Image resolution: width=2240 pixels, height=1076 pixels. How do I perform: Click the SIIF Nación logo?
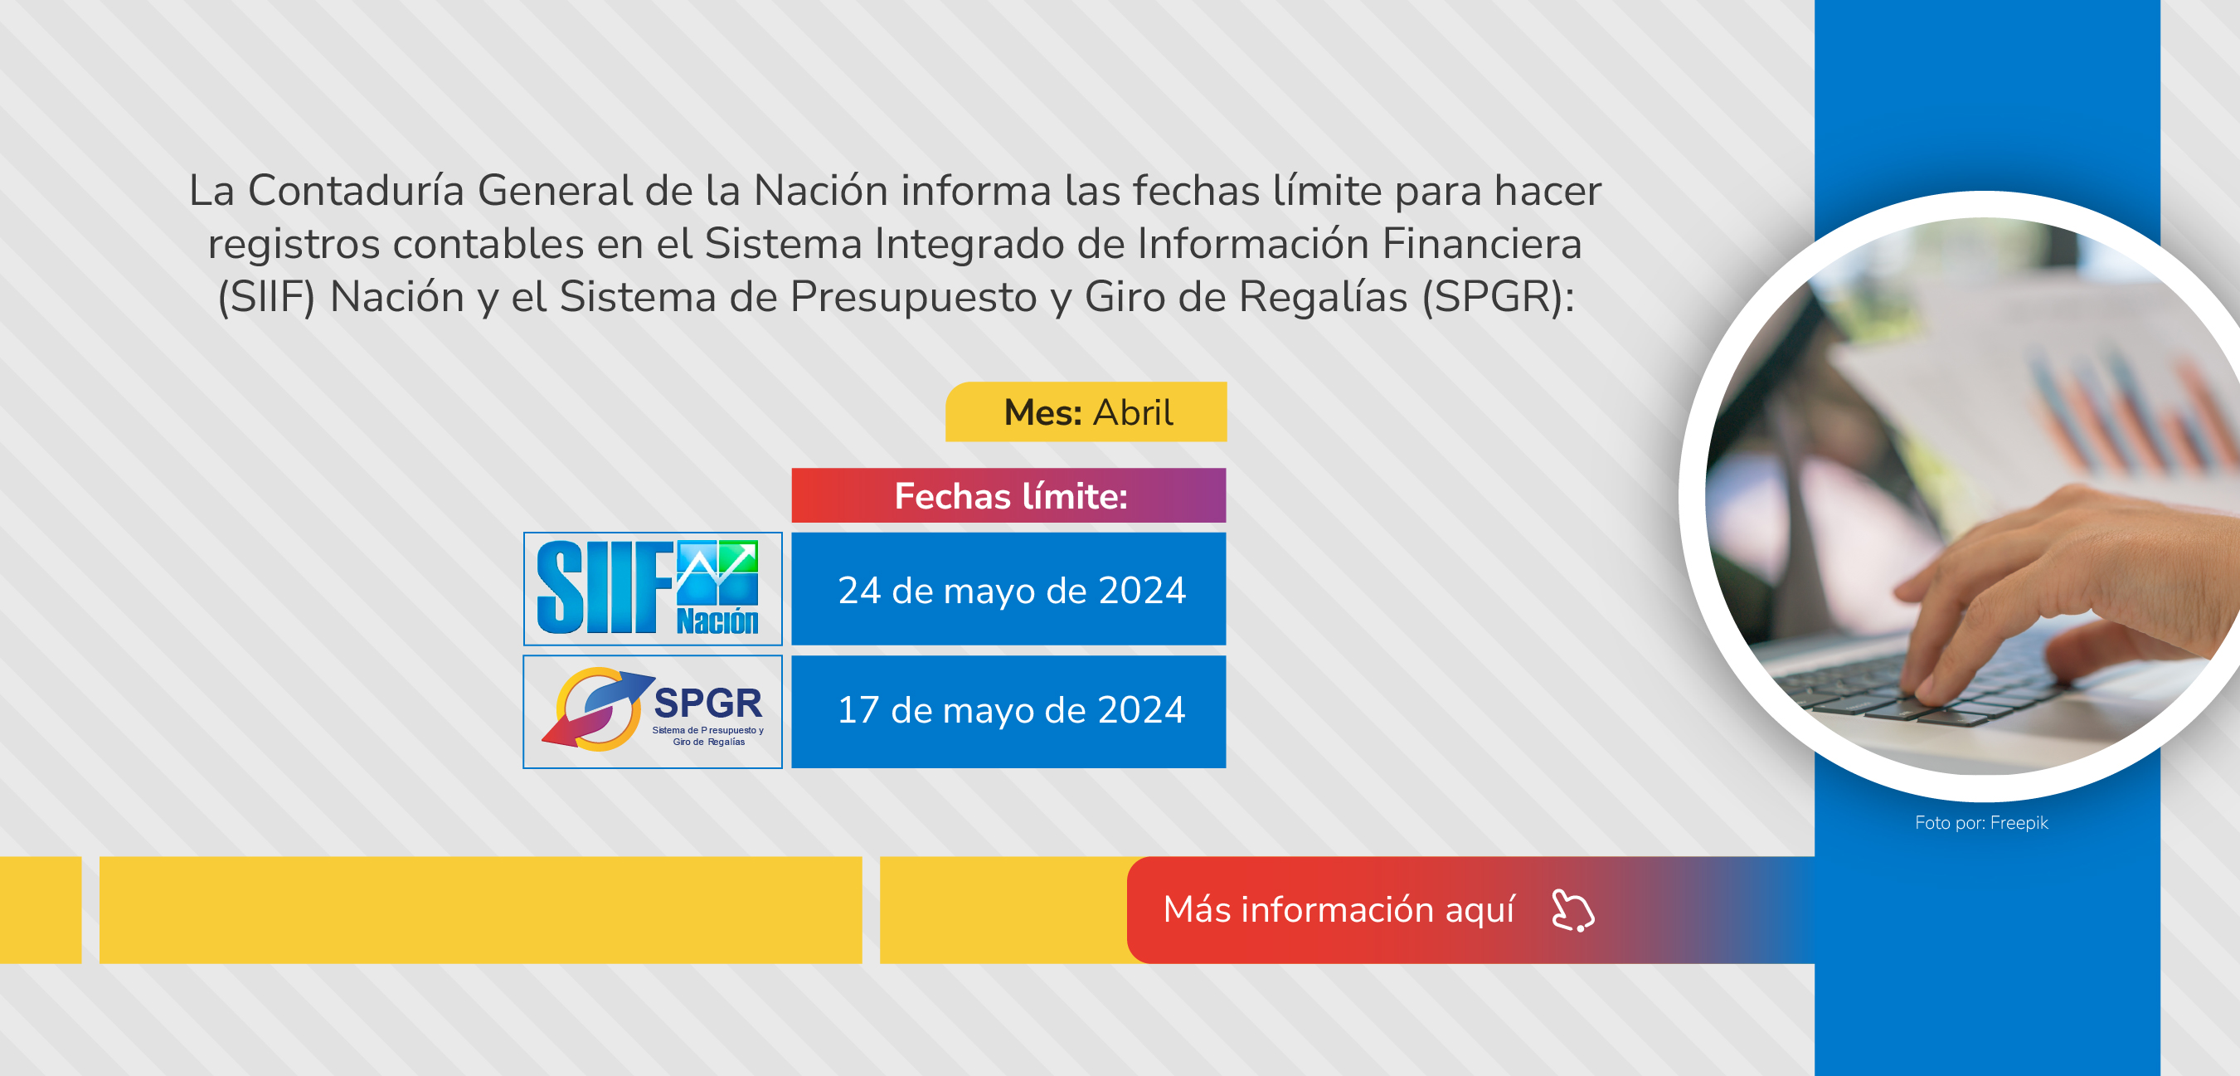coord(652,588)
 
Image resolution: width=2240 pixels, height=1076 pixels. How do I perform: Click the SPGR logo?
coord(652,712)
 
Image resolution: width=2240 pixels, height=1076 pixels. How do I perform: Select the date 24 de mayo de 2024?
coord(1011,591)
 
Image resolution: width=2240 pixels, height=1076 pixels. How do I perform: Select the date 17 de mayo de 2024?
coord(1011,711)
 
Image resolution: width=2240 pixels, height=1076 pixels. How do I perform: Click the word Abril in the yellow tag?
coord(1133,412)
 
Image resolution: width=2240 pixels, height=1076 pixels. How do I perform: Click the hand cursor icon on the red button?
coord(1573,911)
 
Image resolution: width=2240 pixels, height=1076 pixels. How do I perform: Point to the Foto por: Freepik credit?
coord(1981,823)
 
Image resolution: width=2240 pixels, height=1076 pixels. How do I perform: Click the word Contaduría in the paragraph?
coord(356,191)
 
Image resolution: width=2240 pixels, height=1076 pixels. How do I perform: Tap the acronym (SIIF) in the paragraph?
coord(266,298)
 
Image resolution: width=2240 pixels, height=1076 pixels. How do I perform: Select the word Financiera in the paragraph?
coord(1482,244)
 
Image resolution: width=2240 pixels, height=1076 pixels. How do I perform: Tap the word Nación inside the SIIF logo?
coord(717,621)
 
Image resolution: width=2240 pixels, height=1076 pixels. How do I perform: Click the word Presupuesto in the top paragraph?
coord(913,298)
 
